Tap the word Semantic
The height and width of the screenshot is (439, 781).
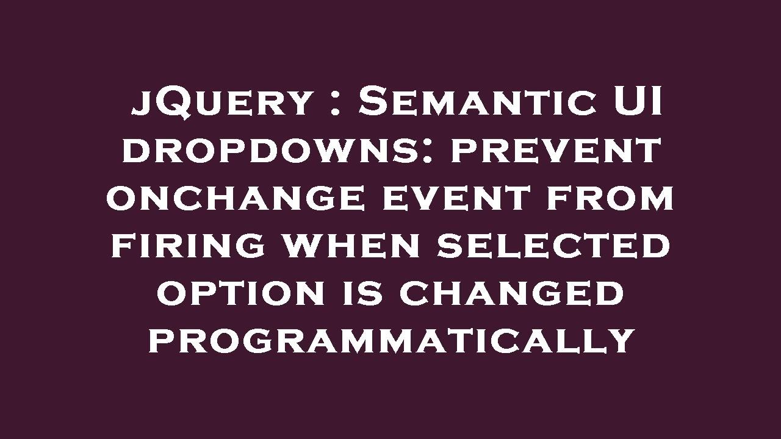pos(477,102)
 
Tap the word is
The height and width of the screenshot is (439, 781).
pos(360,293)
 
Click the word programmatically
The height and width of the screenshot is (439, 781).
pos(391,341)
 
